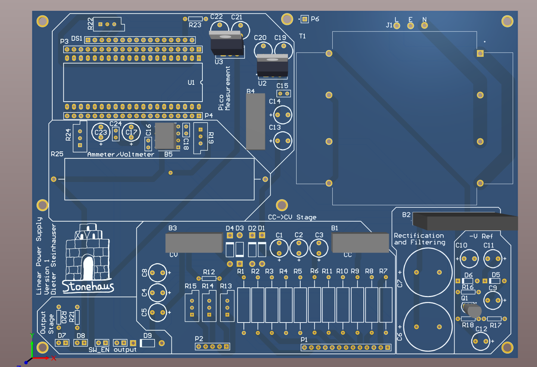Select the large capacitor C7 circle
428,272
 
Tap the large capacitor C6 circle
428,327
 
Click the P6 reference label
315,19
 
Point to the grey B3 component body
194,243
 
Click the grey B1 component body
360,243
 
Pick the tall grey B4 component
255,121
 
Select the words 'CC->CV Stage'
292,217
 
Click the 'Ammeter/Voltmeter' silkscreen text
121,154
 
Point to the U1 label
191,83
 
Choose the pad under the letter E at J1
410,26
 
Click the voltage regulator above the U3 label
226,43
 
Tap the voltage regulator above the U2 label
272,66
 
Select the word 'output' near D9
125,350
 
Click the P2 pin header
212,346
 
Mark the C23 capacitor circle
101,132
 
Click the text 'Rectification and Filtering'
419,239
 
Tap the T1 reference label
302,36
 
